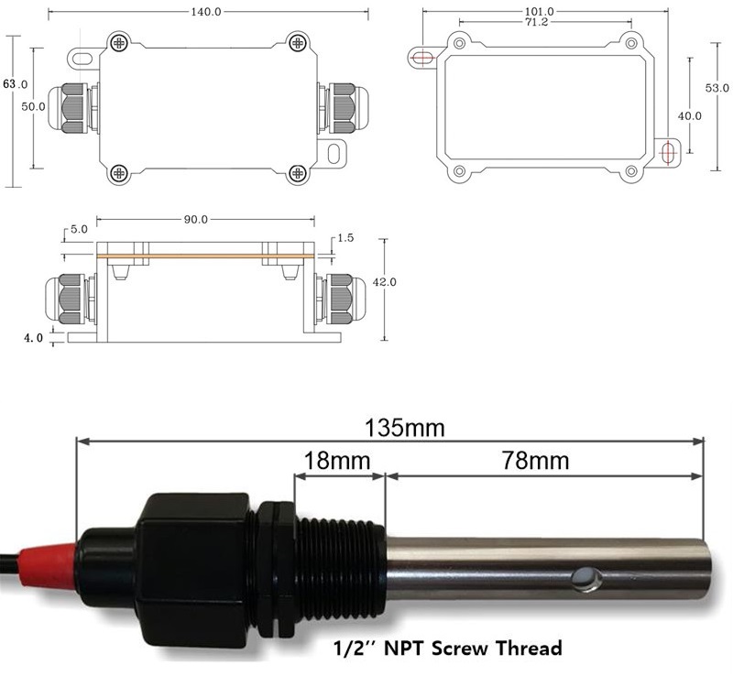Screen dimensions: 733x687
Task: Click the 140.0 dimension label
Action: tap(205, 12)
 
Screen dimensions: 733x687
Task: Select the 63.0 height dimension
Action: tap(15, 84)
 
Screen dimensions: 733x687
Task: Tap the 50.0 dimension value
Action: tap(33, 106)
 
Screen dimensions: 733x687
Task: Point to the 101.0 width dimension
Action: tap(539, 11)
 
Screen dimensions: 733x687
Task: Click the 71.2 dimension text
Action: tap(537, 22)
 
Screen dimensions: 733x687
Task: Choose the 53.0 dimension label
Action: tap(717, 88)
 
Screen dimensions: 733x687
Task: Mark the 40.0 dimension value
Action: tap(690, 116)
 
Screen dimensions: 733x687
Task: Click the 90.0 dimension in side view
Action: tap(195, 219)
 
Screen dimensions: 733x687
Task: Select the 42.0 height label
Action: tap(384, 282)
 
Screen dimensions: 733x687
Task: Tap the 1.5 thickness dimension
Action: tap(345, 238)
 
